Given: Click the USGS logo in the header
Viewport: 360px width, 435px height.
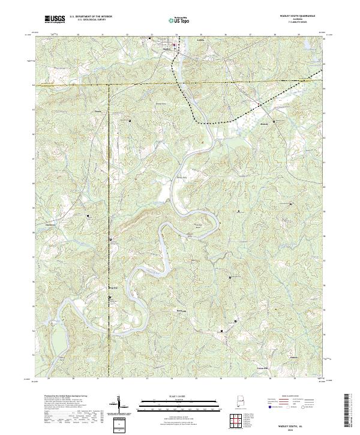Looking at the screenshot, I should (55, 19).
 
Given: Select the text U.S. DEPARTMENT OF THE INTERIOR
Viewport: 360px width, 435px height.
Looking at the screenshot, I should (91, 16).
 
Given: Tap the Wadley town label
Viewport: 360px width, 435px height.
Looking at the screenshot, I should (167, 49).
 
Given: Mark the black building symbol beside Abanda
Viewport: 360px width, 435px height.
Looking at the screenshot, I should (274, 122).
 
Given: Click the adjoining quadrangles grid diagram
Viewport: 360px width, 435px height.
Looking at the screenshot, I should (238, 423).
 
